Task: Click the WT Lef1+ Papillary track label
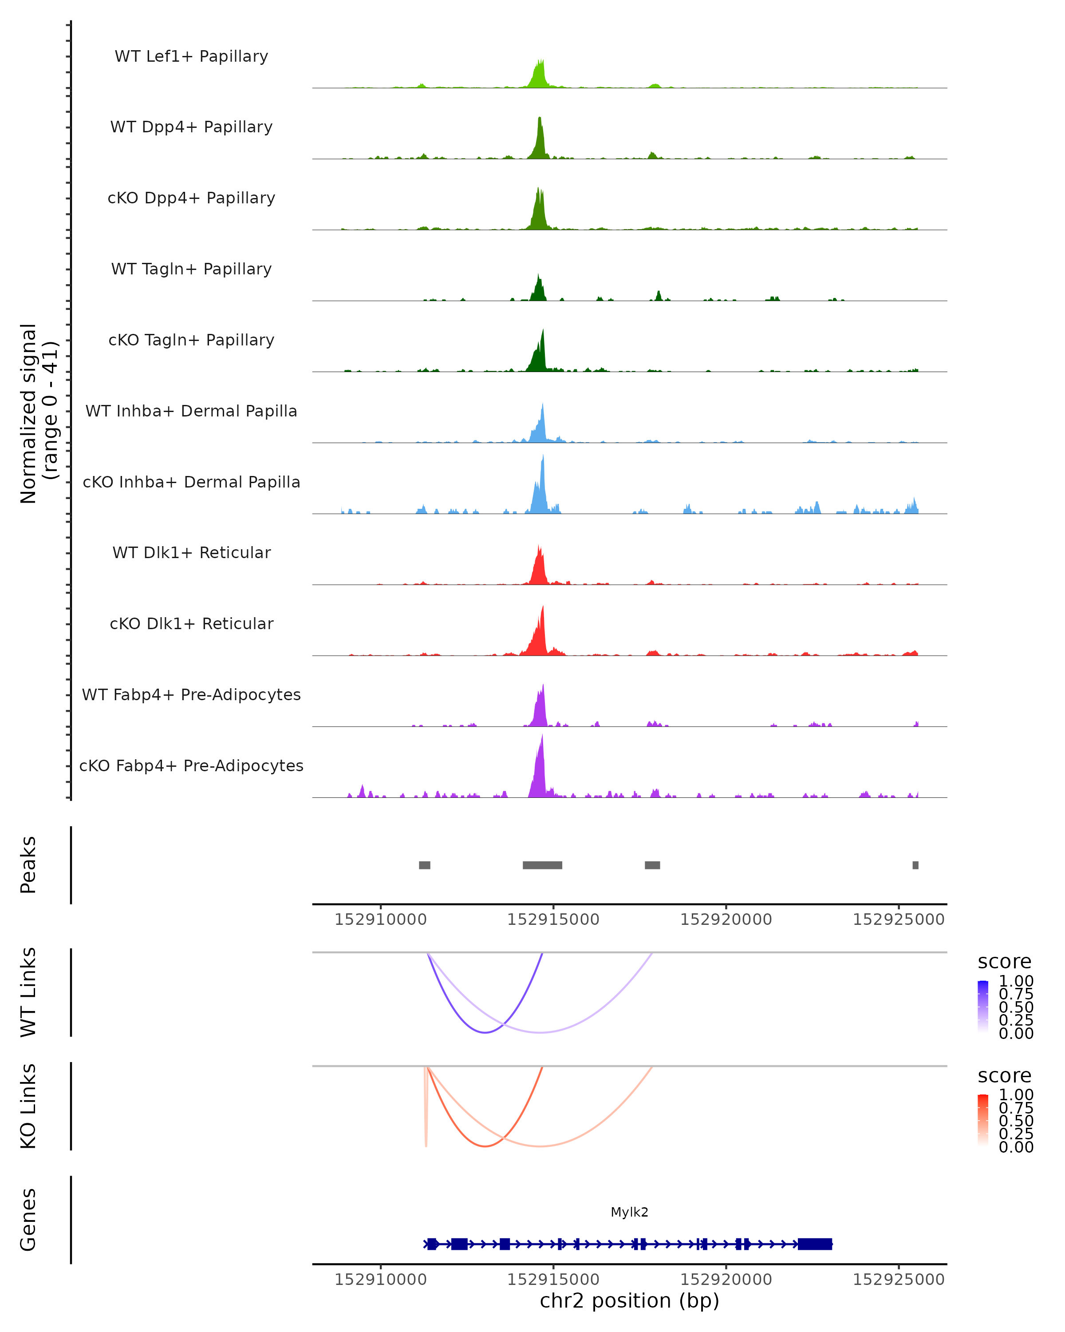[191, 56]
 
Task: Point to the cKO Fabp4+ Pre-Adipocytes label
[191, 765]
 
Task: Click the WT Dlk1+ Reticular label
[191, 552]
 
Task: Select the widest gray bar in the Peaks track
[542, 865]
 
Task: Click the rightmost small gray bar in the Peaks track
[915, 865]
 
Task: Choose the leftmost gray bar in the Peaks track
[424, 865]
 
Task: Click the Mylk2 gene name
[629, 1212]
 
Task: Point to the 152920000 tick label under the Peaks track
[726, 920]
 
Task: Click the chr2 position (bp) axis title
[629, 1301]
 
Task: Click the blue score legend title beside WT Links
[1004, 962]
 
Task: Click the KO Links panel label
[28, 1106]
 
